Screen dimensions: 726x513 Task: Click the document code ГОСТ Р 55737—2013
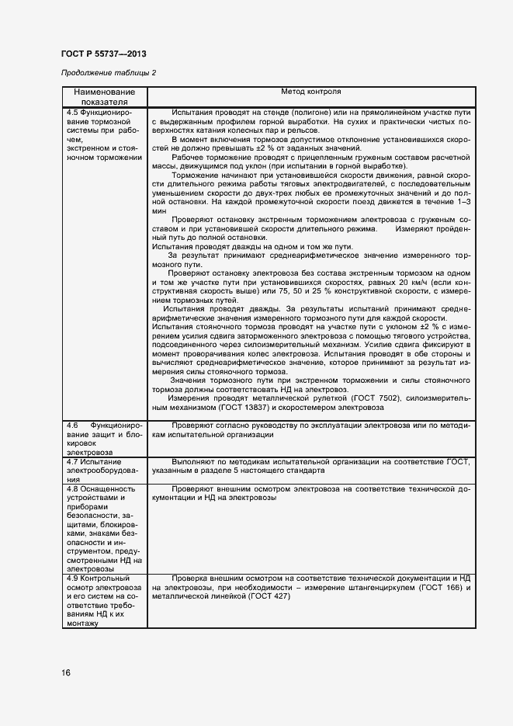[103, 54]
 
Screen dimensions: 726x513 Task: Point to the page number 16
[66, 673]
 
